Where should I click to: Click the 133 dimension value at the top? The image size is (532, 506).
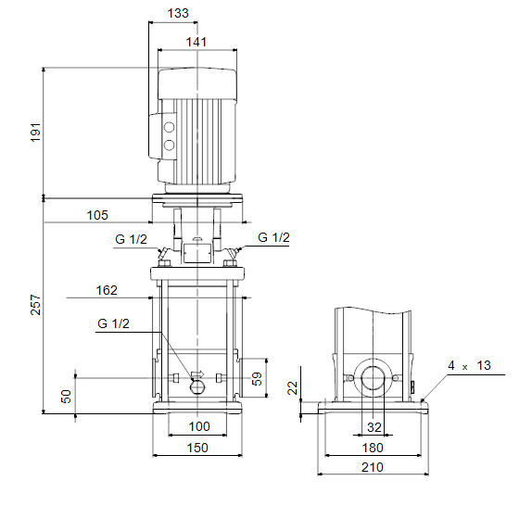[x=178, y=13]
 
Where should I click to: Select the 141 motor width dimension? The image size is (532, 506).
[x=196, y=42]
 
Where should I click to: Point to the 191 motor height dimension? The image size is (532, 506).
[x=35, y=133]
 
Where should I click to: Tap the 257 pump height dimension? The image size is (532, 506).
[x=35, y=305]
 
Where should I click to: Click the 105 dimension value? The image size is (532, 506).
[x=97, y=215]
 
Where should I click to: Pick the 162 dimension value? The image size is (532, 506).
[x=107, y=290]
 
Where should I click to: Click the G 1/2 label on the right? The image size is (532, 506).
[x=273, y=237]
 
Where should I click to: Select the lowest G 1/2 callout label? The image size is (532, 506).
[x=113, y=323]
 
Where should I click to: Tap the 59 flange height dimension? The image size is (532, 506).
[x=257, y=378]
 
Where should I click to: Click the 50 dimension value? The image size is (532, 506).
[x=66, y=396]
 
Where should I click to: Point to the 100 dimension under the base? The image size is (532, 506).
[x=199, y=426]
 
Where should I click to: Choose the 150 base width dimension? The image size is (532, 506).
[x=197, y=448]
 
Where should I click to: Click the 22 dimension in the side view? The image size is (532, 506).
[x=293, y=387]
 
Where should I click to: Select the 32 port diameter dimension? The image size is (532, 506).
[x=374, y=427]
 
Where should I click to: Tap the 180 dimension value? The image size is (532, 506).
[x=373, y=448]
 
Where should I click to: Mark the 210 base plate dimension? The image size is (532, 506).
[x=373, y=467]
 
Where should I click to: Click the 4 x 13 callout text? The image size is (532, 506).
[x=469, y=365]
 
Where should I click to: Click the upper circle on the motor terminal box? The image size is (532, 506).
[x=169, y=127]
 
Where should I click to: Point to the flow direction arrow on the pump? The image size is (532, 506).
[x=197, y=374]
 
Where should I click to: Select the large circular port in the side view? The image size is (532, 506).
[x=374, y=378]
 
